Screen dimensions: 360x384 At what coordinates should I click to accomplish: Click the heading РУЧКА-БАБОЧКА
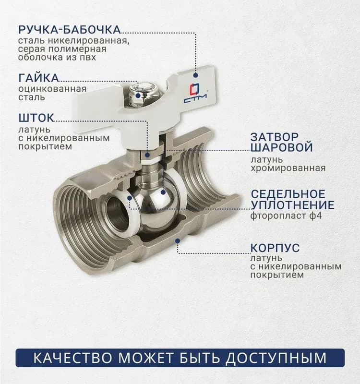pos(70,29)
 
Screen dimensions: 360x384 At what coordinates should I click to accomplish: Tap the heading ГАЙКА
pos(39,78)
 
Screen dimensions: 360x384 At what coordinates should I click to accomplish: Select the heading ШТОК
pos(36,118)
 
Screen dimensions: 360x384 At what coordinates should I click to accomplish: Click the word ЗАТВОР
pos(275,137)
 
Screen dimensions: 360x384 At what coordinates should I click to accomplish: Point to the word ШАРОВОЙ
pos(282,147)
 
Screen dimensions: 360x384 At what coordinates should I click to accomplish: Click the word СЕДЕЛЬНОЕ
pos(288,194)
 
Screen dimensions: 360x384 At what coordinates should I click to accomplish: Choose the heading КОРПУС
pos(275,248)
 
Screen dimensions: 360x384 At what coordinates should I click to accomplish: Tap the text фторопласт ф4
pos(286,216)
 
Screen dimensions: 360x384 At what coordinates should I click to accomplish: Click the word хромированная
pos(288,168)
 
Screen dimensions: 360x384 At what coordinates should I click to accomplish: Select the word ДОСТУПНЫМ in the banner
pos(276,358)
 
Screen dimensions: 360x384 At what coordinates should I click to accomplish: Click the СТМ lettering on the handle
pos(195,100)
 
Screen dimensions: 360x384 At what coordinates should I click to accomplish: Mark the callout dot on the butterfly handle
pos(195,75)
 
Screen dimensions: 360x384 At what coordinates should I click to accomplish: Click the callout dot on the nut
pos(138,96)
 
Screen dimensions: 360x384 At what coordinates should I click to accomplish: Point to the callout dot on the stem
pos(147,155)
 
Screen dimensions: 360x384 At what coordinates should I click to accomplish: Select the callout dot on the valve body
pos(178,241)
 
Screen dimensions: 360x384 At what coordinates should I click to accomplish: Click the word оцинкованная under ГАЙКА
pos(52,89)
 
